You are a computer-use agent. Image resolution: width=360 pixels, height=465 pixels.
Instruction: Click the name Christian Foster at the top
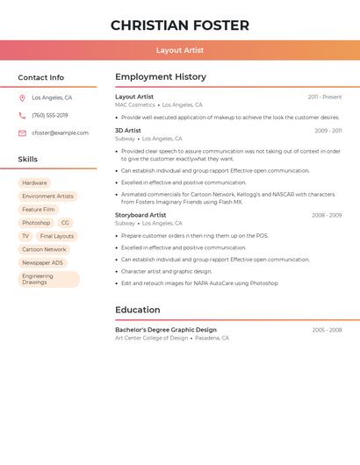point(180,25)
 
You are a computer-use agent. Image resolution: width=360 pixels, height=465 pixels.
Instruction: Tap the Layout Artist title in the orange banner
point(180,50)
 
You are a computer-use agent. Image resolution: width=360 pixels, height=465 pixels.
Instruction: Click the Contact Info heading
point(41,77)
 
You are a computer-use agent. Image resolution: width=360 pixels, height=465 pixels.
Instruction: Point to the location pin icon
point(22,98)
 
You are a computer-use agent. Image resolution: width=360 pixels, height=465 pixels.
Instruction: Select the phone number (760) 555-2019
point(50,115)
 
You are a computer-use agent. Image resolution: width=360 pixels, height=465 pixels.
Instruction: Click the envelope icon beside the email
point(22,133)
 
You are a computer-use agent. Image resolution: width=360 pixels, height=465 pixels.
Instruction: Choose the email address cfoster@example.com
point(61,133)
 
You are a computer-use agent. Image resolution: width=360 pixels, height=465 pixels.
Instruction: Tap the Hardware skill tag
point(35,183)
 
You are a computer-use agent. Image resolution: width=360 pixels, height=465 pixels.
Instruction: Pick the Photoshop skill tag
point(36,223)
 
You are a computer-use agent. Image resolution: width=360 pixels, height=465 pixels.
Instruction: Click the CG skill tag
point(65,223)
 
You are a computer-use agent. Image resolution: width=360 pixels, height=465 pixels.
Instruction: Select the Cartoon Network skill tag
point(44,249)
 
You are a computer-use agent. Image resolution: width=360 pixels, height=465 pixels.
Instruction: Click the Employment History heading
point(161,76)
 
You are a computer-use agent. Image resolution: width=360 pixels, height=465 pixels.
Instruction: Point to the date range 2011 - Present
point(325,97)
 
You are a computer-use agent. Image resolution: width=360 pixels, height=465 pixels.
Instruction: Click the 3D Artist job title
point(128,130)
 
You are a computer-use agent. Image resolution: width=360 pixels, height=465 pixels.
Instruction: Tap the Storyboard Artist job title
point(140,215)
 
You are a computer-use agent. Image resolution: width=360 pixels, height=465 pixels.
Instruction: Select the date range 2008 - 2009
point(327,215)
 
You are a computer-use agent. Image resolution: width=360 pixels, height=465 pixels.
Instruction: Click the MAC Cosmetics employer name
point(135,104)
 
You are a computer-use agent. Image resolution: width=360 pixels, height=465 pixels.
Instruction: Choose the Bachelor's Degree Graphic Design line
point(166,330)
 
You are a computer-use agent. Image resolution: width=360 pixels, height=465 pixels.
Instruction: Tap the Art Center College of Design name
point(152,338)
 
